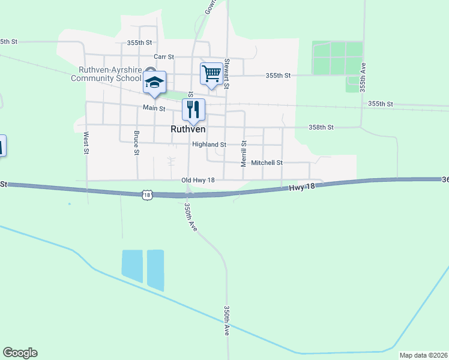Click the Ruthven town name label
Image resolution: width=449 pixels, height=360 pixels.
pyautogui.click(x=188, y=129)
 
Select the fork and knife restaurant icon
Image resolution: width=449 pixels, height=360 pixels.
pyautogui.click(x=193, y=110)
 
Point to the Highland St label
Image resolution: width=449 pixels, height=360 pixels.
pyautogui.click(x=209, y=145)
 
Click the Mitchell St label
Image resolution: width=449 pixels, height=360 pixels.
pyautogui.click(x=267, y=163)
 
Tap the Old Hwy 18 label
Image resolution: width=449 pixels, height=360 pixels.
pyautogui.click(x=197, y=180)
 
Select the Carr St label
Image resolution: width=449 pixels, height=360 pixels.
pyautogui.click(x=163, y=56)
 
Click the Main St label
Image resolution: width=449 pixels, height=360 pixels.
pyautogui.click(x=154, y=108)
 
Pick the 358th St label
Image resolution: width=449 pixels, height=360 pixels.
pyautogui.click(x=321, y=127)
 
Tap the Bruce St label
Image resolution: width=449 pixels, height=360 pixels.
pyautogui.click(x=137, y=143)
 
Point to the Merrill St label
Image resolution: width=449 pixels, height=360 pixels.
pyautogui.click(x=244, y=153)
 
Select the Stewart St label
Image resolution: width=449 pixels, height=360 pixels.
pyautogui.click(x=227, y=73)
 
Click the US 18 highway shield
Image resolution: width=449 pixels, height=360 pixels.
pyautogui.click(x=148, y=194)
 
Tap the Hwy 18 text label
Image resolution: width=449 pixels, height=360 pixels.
pyautogui.click(x=302, y=187)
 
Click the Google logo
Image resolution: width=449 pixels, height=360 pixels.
pyautogui.click(x=20, y=353)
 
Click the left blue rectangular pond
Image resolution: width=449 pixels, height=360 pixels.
pyautogui.click(x=132, y=266)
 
